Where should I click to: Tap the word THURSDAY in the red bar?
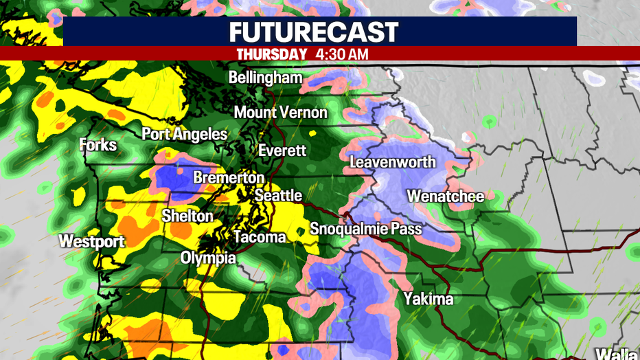(271, 54)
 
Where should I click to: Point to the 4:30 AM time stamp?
(343, 54)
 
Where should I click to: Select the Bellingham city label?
(265, 78)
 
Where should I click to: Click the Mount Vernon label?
(281, 112)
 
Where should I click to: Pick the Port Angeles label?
(184, 134)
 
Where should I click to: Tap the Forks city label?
(98, 145)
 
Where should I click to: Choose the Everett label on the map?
(282, 150)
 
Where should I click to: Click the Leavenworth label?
(393, 162)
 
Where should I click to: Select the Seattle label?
(278, 196)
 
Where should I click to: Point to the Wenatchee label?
(445, 196)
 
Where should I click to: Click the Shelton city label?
(187, 216)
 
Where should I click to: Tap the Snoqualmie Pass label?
(365, 229)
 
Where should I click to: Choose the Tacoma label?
(260, 238)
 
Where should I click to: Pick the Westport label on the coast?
(91, 241)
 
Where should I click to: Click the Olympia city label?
(208, 258)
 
